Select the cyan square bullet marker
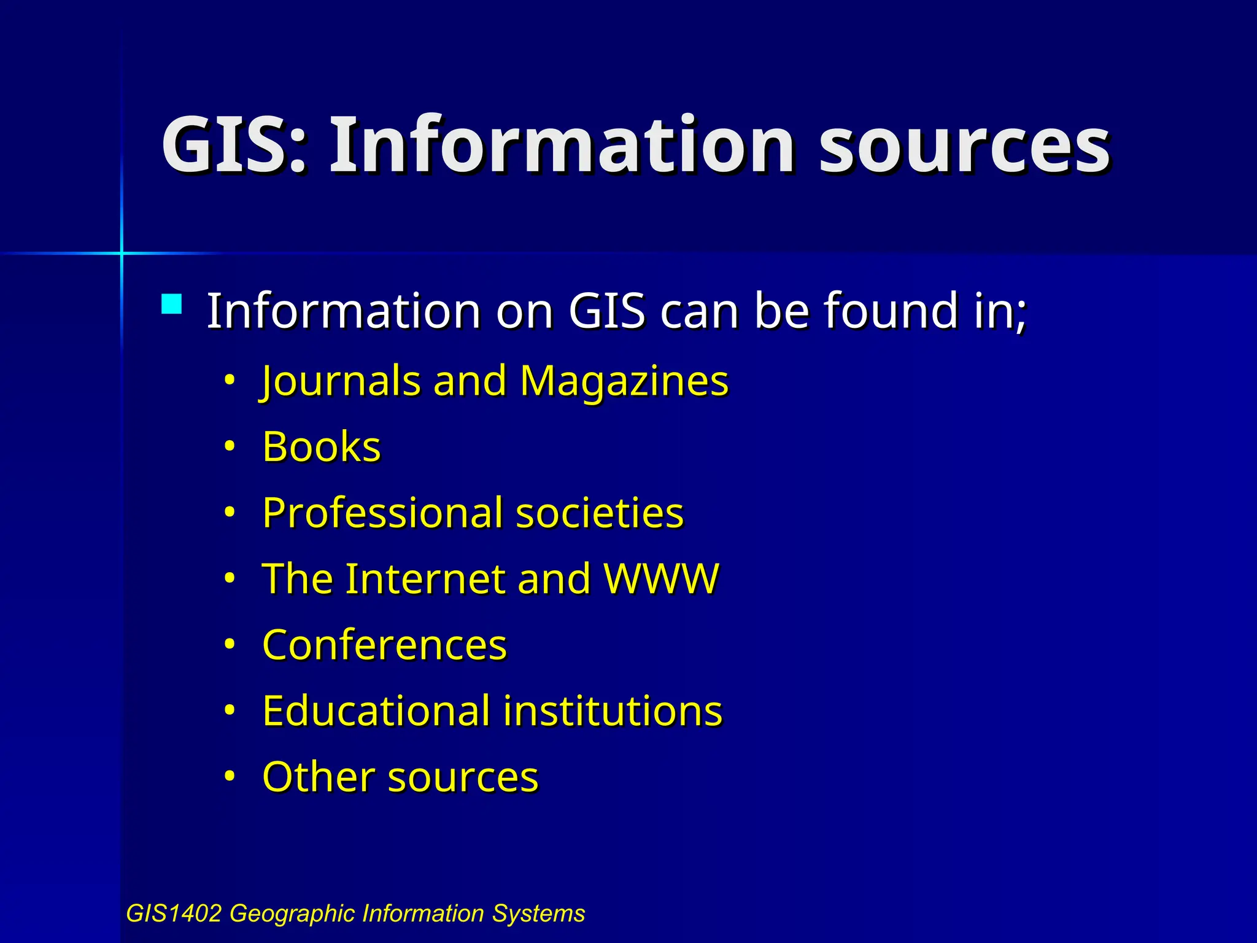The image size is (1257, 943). pyautogui.click(x=172, y=305)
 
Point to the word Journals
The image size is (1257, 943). pyautogui.click(x=341, y=381)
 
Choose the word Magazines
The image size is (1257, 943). pyautogui.click(x=624, y=381)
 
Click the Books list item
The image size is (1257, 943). pyautogui.click(x=322, y=446)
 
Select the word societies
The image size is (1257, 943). pyautogui.click(x=600, y=513)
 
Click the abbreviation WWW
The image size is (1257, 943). pyautogui.click(x=661, y=578)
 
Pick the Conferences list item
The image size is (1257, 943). pyautogui.click(x=385, y=645)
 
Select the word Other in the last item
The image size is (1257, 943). pyautogui.click(x=318, y=777)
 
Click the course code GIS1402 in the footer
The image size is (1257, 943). pyautogui.click(x=173, y=914)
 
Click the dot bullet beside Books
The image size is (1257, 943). pyautogui.click(x=230, y=446)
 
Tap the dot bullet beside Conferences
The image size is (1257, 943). pyautogui.click(x=230, y=645)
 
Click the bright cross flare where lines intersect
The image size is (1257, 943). pyautogui.click(x=122, y=253)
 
